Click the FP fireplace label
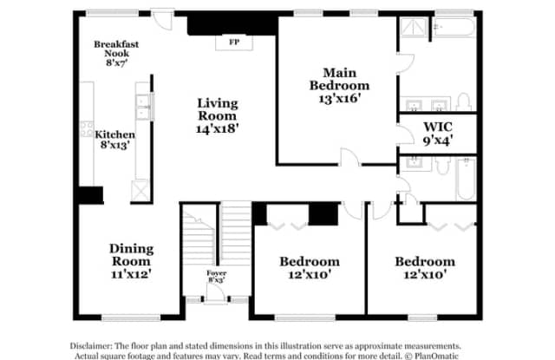[x=234, y=43]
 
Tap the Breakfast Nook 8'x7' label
[x=116, y=54]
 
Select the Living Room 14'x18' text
[x=218, y=115]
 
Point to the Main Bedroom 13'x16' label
[x=339, y=85]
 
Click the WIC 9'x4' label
[x=438, y=134]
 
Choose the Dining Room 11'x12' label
[x=131, y=261]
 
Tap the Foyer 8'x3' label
[x=216, y=277]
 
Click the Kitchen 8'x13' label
[x=114, y=140]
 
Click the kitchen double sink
[x=142, y=107]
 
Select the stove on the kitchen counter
[x=87, y=129]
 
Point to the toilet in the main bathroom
[x=463, y=101]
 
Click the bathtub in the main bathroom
[x=454, y=28]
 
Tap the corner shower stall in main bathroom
[x=413, y=28]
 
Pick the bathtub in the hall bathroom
[x=467, y=179]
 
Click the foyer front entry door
[x=215, y=293]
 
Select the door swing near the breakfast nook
[x=163, y=21]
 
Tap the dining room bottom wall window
[x=131, y=317]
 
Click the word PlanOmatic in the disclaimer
[x=436, y=356]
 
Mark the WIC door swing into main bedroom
[x=405, y=134]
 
